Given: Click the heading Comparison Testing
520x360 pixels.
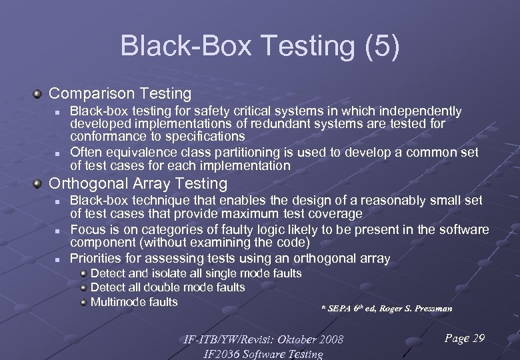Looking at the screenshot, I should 120,94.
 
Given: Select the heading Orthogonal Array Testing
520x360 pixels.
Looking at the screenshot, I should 139,183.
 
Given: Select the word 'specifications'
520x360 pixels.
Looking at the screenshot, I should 206,136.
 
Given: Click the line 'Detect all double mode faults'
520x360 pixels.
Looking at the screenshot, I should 167,288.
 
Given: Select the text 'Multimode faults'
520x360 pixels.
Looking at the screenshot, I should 134,302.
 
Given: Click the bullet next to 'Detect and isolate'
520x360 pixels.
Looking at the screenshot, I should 83,273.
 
